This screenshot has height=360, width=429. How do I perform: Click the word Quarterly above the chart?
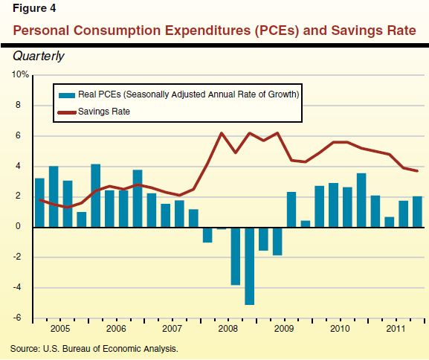point(38,57)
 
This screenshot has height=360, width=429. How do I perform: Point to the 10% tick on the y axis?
point(20,75)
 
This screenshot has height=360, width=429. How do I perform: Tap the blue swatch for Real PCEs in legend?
point(66,95)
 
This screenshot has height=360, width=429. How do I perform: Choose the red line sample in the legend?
point(66,112)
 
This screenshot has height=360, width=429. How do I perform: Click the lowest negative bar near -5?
point(249,266)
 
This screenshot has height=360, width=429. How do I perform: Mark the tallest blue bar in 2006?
point(95,196)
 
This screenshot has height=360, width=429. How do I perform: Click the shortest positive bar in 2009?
point(305,223)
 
